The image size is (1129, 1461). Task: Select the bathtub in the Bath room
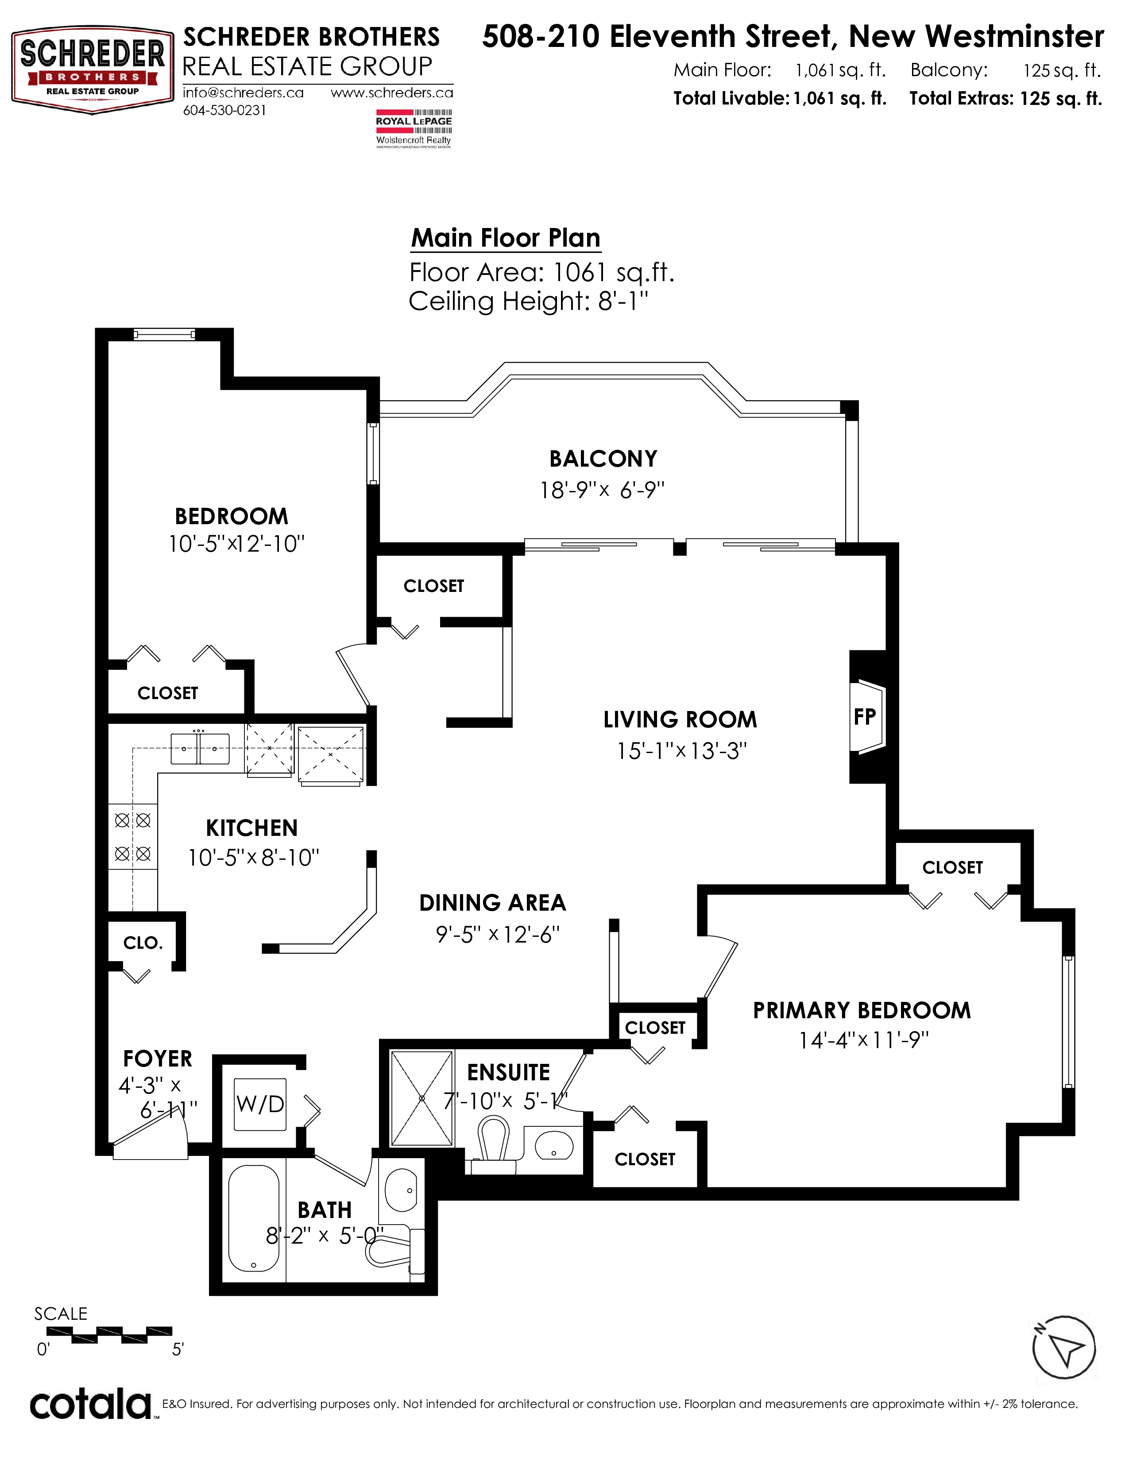(x=254, y=1218)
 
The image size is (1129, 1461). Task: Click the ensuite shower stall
(x=422, y=1098)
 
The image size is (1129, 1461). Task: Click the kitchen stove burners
(x=132, y=837)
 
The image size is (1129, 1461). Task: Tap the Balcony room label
(x=603, y=459)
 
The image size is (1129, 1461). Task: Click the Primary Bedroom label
(x=862, y=1011)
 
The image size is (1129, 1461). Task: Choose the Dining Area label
(x=492, y=903)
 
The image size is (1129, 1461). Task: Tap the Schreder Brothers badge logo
(x=92, y=70)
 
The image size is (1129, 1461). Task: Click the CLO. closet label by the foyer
(x=143, y=943)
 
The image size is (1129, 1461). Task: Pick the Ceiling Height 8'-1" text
(x=528, y=301)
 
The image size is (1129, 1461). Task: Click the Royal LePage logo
(x=414, y=128)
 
